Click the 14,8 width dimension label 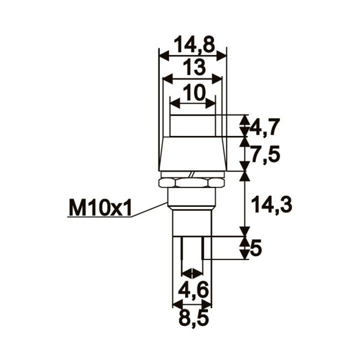(193, 45)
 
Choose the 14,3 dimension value (272, 205)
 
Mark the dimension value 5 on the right (256, 248)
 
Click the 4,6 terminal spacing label (193, 291)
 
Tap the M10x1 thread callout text (99, 208)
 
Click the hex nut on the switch (192, 182)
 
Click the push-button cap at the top (193, 126)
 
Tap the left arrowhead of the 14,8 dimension (163, 55)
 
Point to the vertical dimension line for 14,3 (244, 202)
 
